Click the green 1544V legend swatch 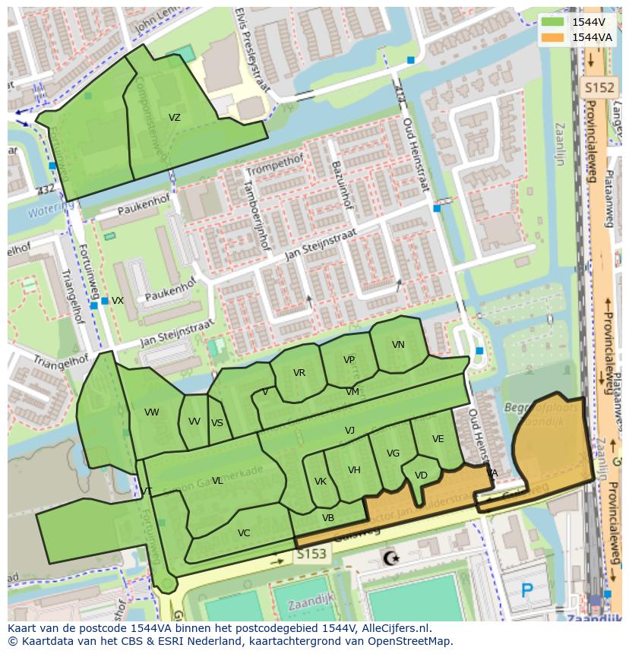(552, 22)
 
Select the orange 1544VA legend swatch (552, 37)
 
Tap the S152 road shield (598, 88)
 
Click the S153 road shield (311, 554)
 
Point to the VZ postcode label (175, 118)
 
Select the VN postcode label (398, 345)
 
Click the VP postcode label (349, 360)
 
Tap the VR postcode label (299, 373)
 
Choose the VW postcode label (152, 412)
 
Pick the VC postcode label (244, 533)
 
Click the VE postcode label (438, 439)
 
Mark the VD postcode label (421, 475)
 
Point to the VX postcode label (118, 301)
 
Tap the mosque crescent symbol (391, 559)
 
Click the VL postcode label (217, 481)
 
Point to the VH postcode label (354, 470)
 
